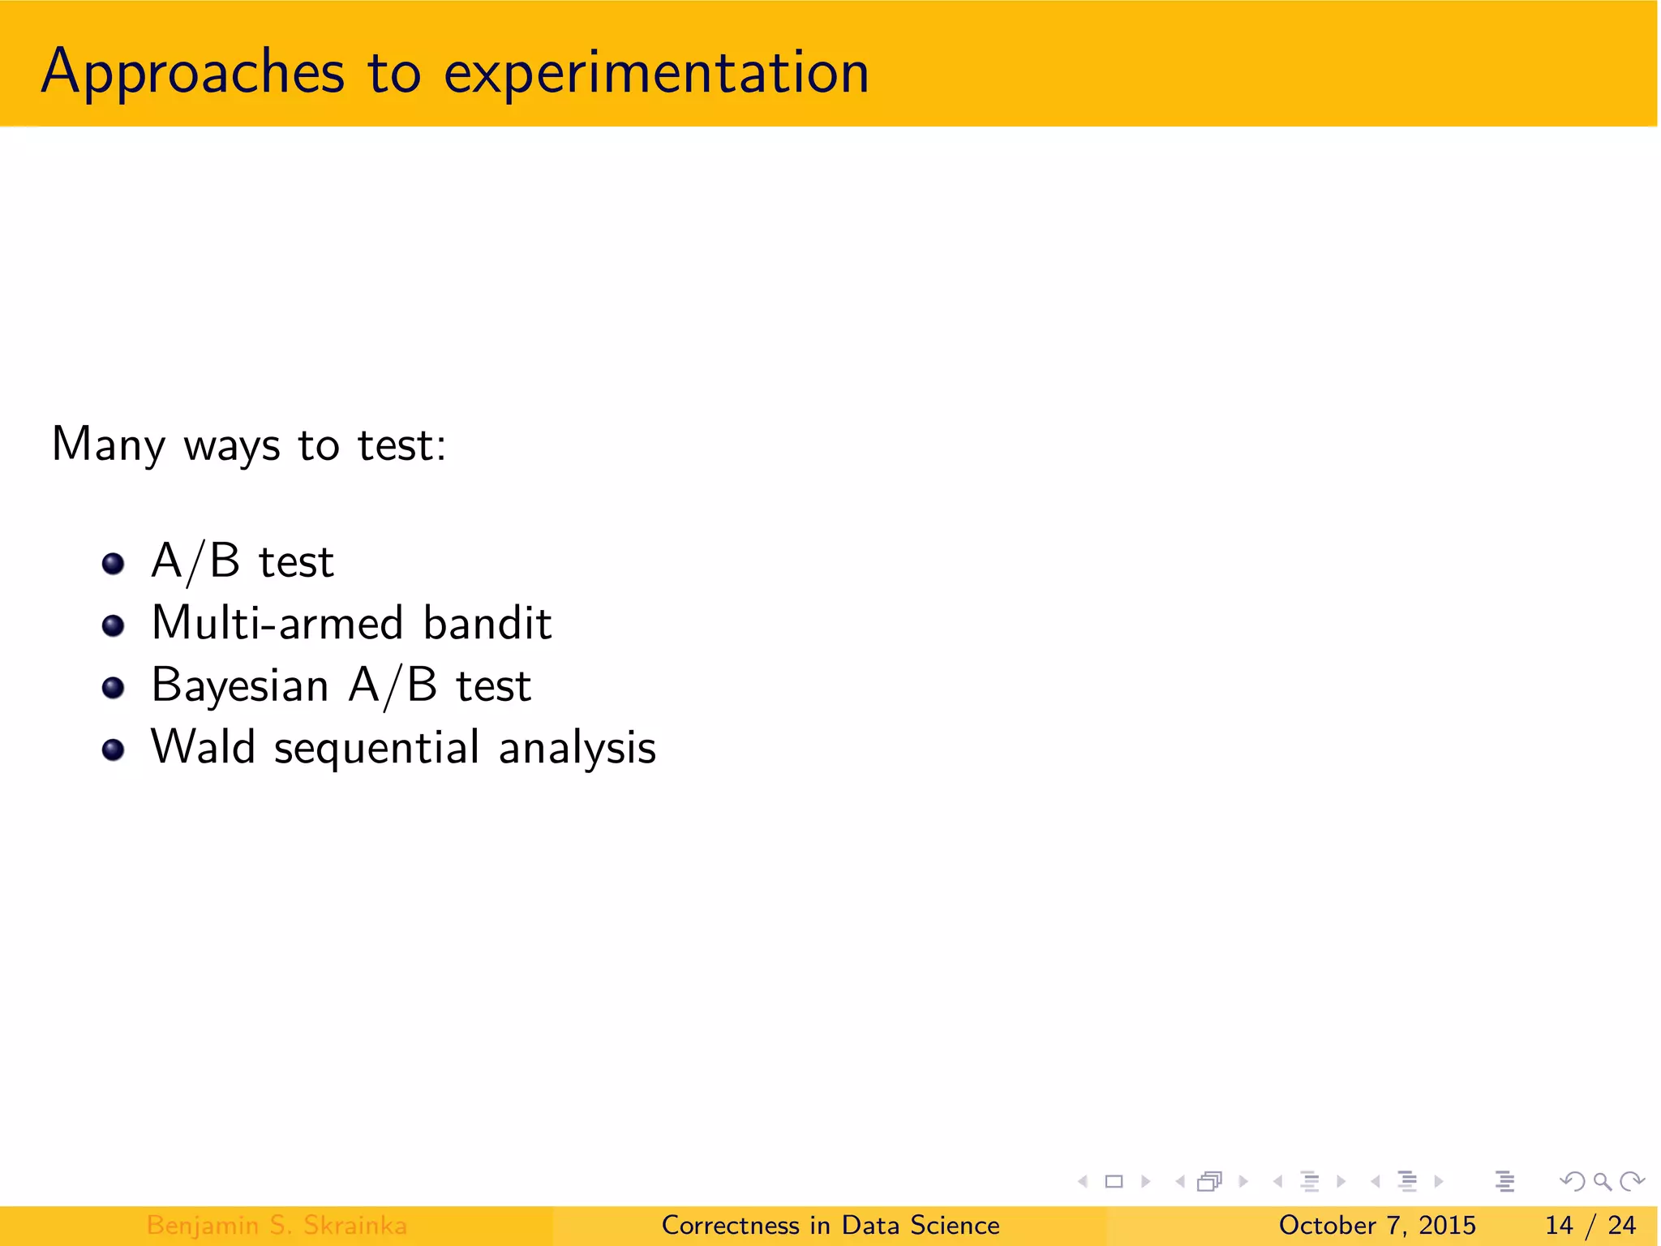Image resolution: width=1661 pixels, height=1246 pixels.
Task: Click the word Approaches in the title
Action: click(x=193, y=73)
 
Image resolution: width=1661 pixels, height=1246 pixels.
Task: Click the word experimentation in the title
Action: click(x=656, y=73)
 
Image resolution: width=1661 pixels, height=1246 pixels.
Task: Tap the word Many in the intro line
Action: click(x=108, y=445)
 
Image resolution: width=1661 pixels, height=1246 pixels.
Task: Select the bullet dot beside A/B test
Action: click(x=114, y=563)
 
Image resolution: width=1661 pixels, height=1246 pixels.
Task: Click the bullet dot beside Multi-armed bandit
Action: click(x=114, y=625)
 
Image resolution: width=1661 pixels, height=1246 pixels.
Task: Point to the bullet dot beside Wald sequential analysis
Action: click(x=114, y=750)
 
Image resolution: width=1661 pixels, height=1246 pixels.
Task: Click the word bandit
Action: click(x=487, y=623)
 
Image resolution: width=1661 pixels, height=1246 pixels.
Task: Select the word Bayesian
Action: click(x=240, y=686)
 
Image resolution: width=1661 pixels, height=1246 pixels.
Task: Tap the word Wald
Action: click(x=203, y=747)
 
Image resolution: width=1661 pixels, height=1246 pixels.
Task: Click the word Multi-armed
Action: click(x=277, y=623)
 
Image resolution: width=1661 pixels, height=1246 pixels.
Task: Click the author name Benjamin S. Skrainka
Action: click(x=277, y=1225)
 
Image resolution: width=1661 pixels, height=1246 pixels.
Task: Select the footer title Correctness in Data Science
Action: click(x=830, y=1225)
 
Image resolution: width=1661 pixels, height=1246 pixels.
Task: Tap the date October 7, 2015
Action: click(x=1377, y=1225)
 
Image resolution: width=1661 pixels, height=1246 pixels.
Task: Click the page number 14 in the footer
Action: click(x=1559, y=1225)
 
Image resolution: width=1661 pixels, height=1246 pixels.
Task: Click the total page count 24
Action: click(x=1621, y=1225)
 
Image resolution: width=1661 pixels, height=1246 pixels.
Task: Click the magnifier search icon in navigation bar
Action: click(x=1602, y=1181)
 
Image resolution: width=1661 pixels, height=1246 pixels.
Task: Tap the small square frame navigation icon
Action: click(x=1114, y=1181)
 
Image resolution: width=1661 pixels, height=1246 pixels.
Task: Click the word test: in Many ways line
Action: click(x=402, y=445)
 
